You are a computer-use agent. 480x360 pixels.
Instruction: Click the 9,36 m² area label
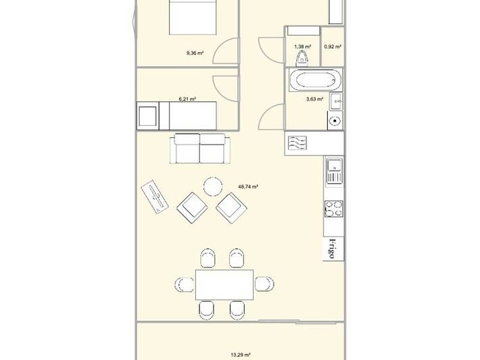(x=195, y=53)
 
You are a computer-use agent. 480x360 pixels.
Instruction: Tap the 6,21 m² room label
(x=187, y=99)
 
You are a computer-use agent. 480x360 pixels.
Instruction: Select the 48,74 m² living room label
(x=248, y=186)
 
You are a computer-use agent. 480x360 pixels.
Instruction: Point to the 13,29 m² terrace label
(x=241, y=355)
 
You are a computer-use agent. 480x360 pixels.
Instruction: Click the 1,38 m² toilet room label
(x=303, y=47)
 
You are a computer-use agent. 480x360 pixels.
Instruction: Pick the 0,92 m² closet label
(x=333, y=47)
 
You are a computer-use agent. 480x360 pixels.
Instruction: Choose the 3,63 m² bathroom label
(x=314, y=99)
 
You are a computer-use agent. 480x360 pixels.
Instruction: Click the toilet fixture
(x=302, y=58)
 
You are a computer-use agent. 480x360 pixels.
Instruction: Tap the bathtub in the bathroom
(x=315, y=80)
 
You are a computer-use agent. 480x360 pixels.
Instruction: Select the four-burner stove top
(x=334, y=209)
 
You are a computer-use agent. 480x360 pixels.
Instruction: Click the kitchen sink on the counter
(x=335, y=171)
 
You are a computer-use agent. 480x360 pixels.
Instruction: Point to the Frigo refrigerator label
(x=331, y=249)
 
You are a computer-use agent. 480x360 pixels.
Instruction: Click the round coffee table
(x=213, y=186)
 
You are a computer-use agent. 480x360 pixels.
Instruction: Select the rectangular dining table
(x=224, y=285)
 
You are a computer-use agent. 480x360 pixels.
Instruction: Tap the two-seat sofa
(x=200, y=149)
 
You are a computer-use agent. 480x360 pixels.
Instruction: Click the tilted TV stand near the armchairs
(x=155, y=197)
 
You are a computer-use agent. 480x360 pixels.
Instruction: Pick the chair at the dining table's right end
(x=264, y=284)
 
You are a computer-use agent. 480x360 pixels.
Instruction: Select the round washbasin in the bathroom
(x=335, y=121)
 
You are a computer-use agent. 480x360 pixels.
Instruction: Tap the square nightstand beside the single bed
(x=148, y=116)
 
